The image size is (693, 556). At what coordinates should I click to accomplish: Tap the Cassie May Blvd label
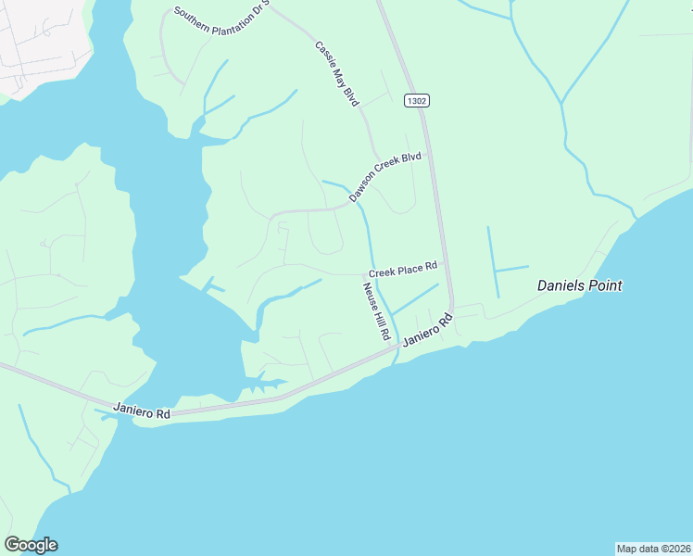(336, 73)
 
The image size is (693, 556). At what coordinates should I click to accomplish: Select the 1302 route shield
(417, 100)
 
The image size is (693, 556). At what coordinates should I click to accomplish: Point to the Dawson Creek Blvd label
(385, 177)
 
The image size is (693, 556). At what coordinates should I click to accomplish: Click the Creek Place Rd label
(403, 270)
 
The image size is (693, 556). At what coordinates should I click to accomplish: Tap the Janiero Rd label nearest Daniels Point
(427, 332)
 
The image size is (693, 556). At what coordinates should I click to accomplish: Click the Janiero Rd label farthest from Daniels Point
(142, 410)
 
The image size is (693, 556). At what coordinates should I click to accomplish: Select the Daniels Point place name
(580, 285)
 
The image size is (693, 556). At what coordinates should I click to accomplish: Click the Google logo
(31, 545)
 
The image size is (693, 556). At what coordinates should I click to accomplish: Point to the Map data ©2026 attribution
(654, 548)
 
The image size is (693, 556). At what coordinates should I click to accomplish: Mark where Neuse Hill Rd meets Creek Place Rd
(362, 274)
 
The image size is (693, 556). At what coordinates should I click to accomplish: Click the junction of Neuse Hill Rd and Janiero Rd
(397, 346)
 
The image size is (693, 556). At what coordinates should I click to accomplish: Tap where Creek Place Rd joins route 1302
(445, 262)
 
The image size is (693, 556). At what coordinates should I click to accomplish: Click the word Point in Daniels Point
(606, 285)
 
